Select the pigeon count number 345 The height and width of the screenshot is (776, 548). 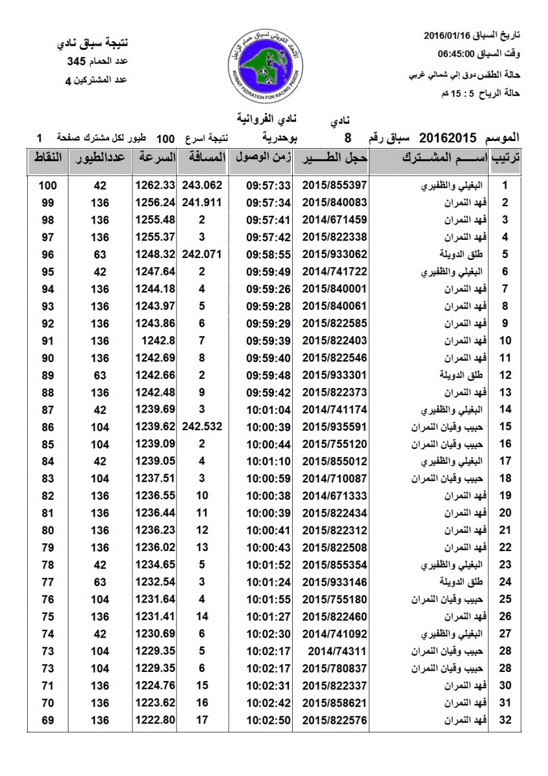pos(77,62)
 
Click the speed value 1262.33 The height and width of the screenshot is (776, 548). pos(155,185)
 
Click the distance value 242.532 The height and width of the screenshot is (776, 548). pos(202,427)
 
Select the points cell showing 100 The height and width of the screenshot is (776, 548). pos(47,185)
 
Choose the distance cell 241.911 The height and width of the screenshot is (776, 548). pos(202,202)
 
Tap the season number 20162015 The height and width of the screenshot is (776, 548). pos(447,137)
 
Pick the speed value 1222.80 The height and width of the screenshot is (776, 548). pos(155,720)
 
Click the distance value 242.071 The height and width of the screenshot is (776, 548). pos(202,255)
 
